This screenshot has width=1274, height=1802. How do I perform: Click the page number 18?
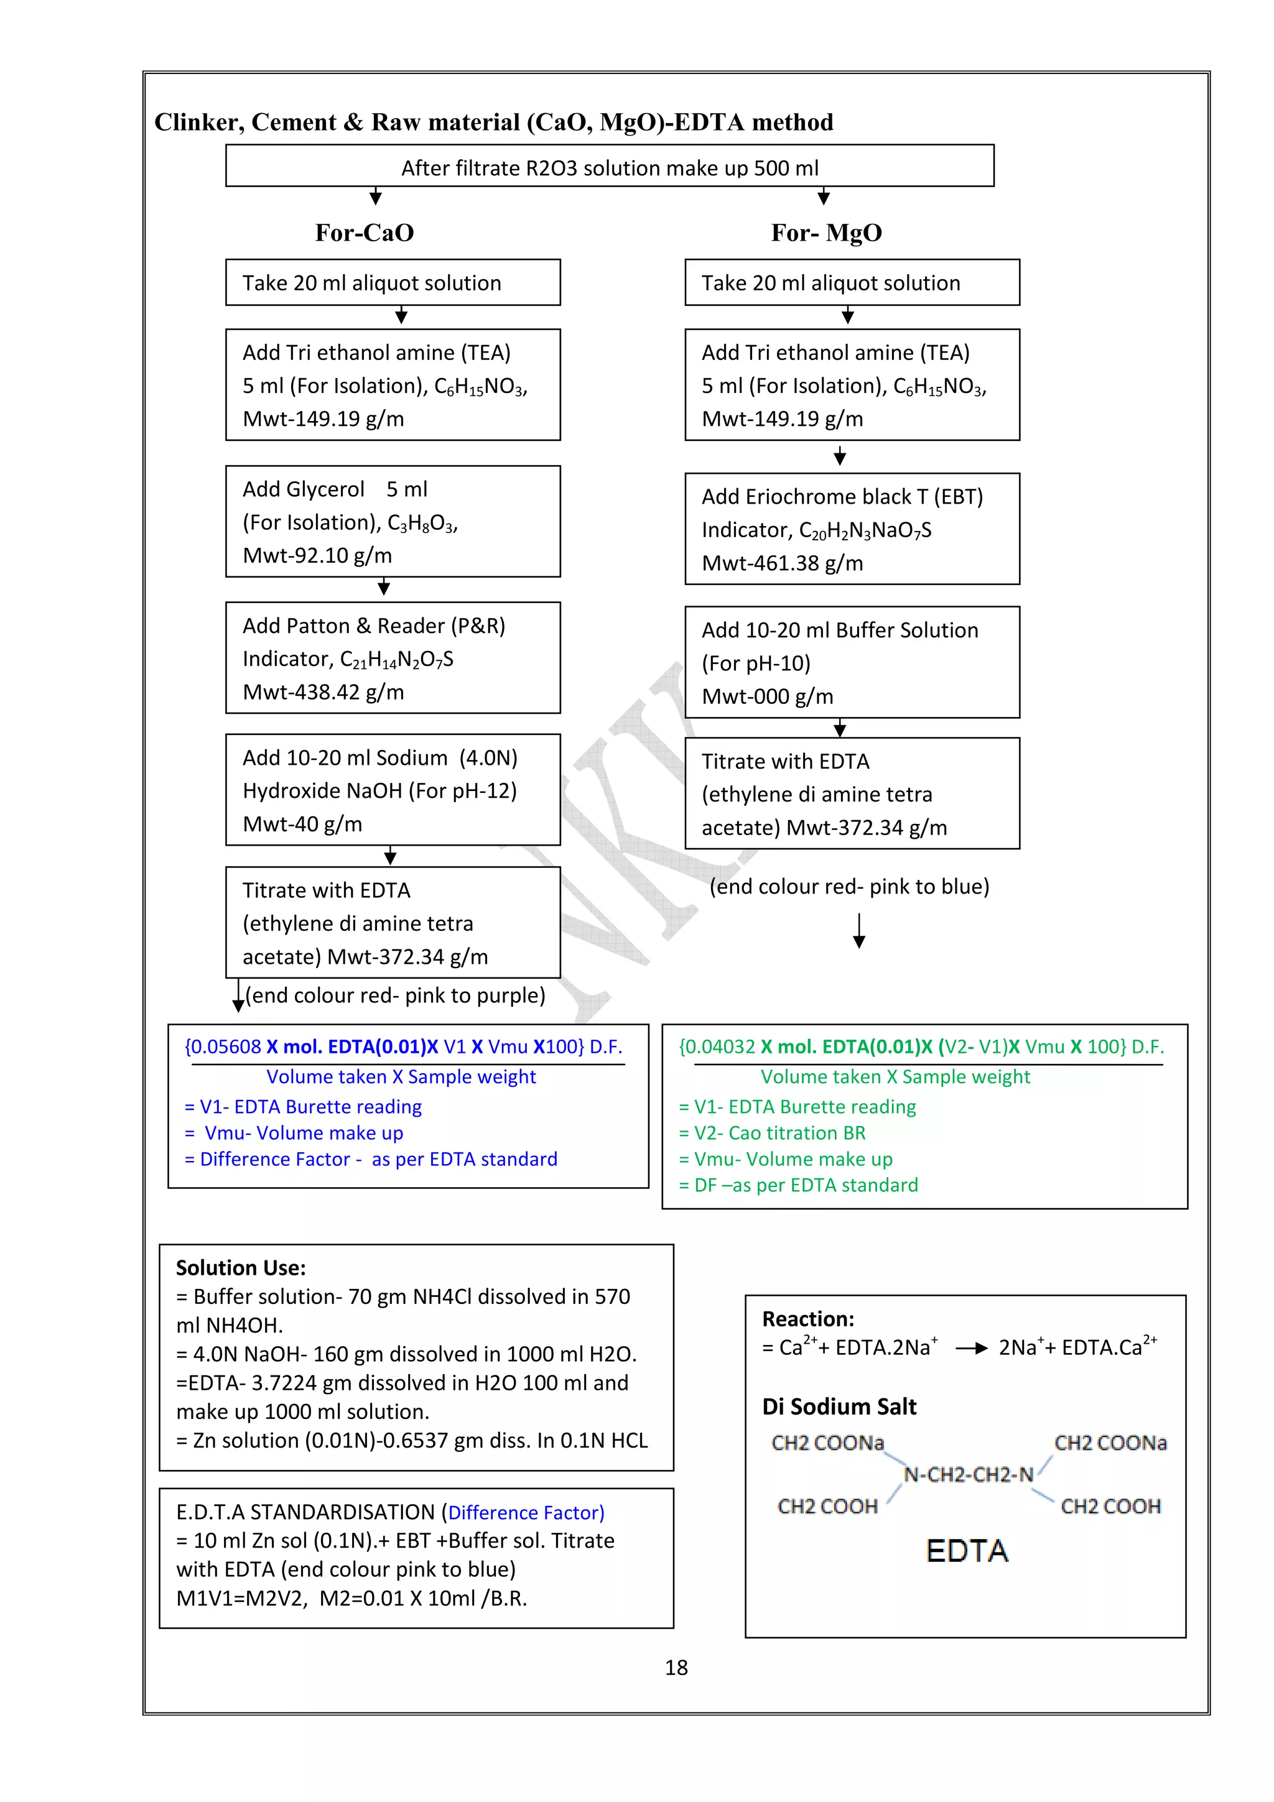[x=675, y=1667]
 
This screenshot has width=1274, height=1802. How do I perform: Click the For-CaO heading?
[x=365, y=233]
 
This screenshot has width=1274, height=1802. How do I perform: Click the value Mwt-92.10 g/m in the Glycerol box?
[x=317, y=556]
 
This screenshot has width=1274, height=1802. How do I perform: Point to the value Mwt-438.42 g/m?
[x=323, y=692]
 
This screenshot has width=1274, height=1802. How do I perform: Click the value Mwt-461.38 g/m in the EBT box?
[x=782, y=563]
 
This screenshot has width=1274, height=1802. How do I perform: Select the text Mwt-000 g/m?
[x=767, y=697]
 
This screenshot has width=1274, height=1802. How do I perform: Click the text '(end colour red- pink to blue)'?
[x=849, y=887]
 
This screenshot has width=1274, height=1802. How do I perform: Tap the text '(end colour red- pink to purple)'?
[x=395, y=996]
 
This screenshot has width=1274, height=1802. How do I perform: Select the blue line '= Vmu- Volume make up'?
[x=294, y=1134]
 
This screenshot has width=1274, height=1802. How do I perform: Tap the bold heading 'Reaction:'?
[x=807, y=1318]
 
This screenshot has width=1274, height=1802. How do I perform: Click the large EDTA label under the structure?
[x=966, y=1551]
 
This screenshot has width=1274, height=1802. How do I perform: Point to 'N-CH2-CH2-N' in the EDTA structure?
[x=968, y=1475]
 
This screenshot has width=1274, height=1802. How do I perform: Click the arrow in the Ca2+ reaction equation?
[x=971, y=1348]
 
